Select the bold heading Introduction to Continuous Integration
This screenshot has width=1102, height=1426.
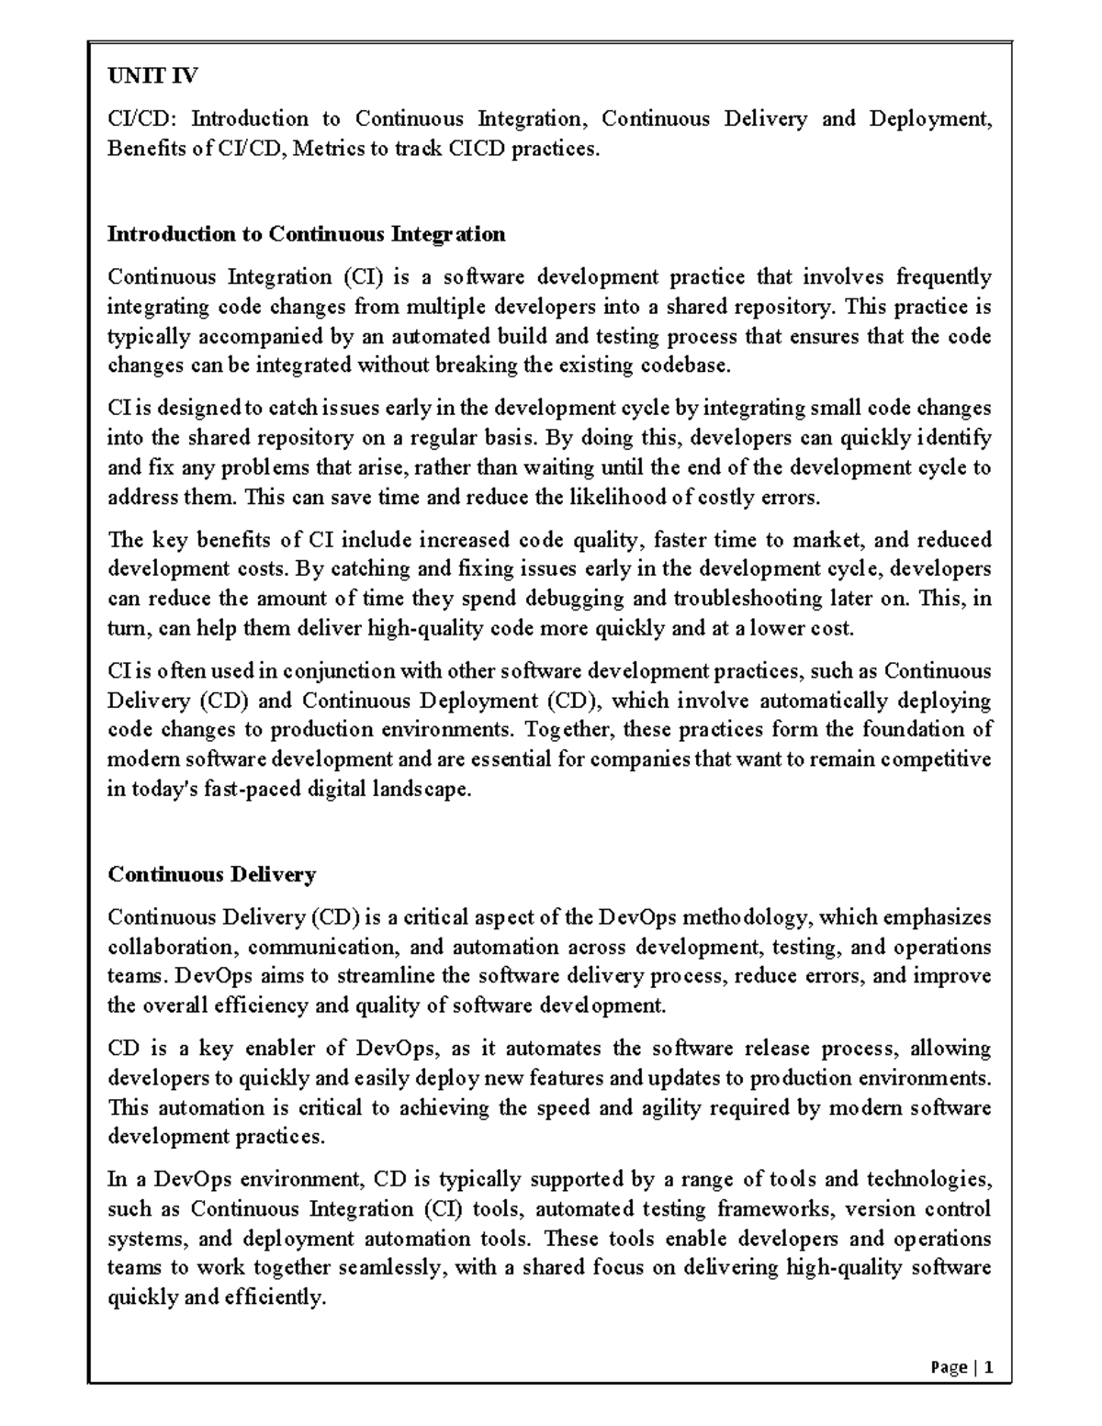pos(307,234)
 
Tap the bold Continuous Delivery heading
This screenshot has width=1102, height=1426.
pos(212,874)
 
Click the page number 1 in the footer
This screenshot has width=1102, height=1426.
pos(988,1367)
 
